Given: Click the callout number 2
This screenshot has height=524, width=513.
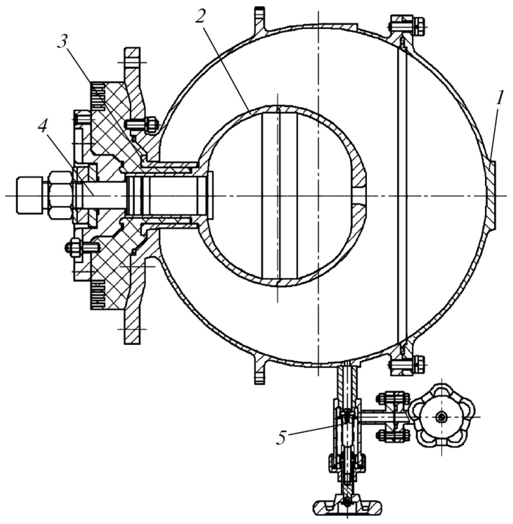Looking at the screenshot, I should (x=201, y=18).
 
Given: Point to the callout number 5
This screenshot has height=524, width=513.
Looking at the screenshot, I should (x=281, y=438).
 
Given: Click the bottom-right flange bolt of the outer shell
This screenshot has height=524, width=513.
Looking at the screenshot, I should (x=407, y=365).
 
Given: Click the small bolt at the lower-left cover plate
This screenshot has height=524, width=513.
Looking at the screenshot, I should (x=81, y=247).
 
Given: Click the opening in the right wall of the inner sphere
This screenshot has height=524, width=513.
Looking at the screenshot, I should (x=360, y=196).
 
